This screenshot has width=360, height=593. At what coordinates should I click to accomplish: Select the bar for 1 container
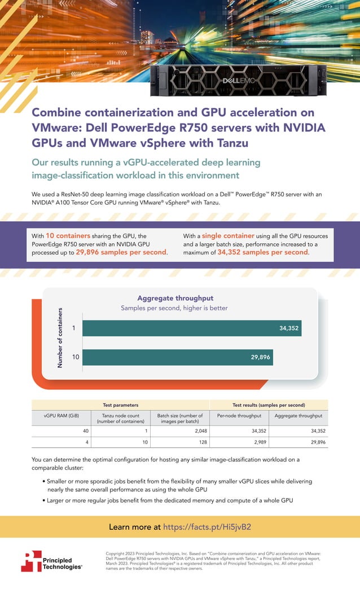[192, 328]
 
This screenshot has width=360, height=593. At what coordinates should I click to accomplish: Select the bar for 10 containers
[178, 357]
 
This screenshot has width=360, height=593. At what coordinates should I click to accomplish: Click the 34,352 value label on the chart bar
[289, 328]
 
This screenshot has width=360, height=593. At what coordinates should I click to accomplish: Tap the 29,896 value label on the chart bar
[261, 357]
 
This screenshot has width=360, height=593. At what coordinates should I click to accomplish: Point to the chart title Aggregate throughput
[175, 298]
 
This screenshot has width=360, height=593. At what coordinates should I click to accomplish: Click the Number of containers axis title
[60, 337]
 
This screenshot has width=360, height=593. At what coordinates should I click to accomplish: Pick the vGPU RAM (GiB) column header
[61, 416]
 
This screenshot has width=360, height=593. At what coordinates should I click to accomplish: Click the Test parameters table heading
[120, 405]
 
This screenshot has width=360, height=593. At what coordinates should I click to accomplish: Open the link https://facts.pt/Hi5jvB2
[207, 527]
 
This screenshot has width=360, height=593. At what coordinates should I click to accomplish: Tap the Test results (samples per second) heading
[269, 405]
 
